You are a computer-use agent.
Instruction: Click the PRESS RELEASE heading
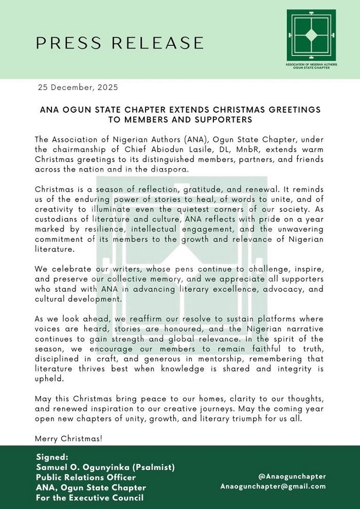[x=120, y=43]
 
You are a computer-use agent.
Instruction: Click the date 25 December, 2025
[x=78, y=87]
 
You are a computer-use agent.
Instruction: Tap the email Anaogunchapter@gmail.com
[x=273, y=486]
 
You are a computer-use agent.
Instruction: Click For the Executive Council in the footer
[x=90, y=497]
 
